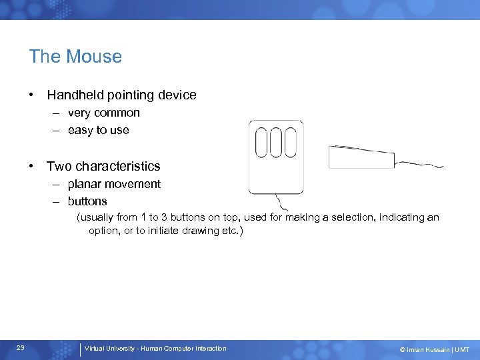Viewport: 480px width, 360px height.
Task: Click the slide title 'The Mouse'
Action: point(75,57)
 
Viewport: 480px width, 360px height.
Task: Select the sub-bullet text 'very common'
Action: point(103,113)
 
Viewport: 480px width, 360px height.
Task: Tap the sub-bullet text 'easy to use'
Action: point(98,131)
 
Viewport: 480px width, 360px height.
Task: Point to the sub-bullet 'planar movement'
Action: point(114,184)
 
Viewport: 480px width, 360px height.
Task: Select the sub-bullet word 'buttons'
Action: point(87,201)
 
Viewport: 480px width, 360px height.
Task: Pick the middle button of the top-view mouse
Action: point(276,142)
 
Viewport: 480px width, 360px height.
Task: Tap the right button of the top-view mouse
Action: point(290,142)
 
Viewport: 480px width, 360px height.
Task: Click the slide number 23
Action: point(21,348)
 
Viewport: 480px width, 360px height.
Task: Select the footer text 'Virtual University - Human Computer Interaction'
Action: point(155,349)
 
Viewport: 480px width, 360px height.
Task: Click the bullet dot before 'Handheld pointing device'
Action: point(32,95)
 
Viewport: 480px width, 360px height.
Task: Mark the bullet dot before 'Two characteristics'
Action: point(32,166)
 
